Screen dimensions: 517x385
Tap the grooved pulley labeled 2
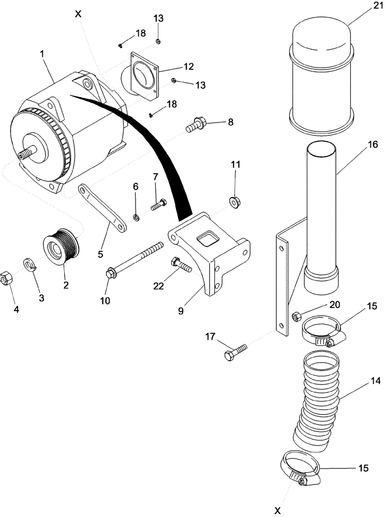coord(60,245)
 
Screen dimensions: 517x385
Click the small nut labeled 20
coord(297,315)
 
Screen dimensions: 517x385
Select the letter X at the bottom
coord(277,510)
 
